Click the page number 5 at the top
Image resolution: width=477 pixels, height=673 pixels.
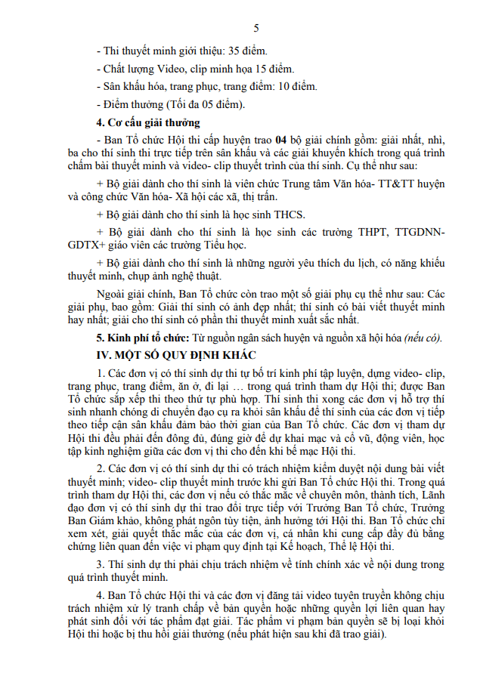point(256,29)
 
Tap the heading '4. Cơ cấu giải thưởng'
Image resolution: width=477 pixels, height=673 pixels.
point(148,122)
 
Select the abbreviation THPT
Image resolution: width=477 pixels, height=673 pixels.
point(373,232)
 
